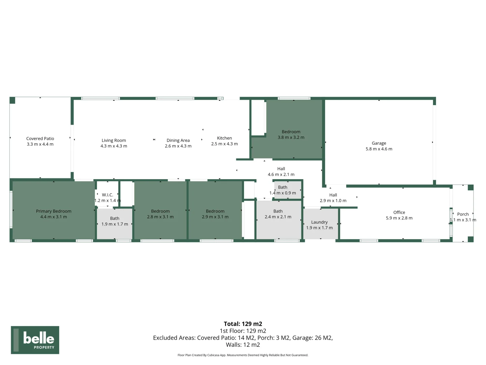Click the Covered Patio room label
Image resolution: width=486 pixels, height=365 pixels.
40,139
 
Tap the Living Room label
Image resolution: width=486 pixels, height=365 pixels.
114,141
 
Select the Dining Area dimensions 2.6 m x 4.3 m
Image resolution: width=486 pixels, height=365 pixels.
178,146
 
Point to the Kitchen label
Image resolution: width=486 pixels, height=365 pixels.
224,138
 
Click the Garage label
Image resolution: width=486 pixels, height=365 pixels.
379,143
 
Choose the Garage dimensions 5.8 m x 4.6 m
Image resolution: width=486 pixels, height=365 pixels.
379,149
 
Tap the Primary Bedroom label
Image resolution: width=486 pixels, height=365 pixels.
54,211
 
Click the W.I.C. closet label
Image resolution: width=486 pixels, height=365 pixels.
107,195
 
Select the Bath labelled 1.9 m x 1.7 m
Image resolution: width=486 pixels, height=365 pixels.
115,221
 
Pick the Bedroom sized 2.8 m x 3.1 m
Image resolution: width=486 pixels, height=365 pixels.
160,214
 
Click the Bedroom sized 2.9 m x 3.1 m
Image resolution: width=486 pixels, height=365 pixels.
215,214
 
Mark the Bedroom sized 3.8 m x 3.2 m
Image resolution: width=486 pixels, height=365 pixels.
291,135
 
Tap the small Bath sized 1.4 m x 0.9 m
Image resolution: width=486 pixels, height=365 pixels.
283,190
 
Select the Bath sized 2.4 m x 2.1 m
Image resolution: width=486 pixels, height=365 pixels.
278,214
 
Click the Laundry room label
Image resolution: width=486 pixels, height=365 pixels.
319,222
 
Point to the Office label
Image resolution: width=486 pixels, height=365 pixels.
399,213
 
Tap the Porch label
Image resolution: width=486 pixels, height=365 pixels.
463,214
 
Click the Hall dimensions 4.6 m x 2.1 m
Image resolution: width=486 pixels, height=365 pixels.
281,175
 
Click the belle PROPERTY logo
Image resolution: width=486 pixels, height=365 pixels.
35,340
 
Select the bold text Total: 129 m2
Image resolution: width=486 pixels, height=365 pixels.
243,324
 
